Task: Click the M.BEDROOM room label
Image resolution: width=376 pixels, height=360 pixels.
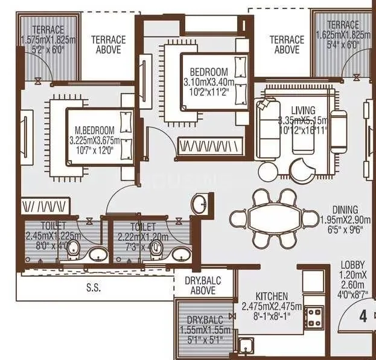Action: click(x=95, y=130)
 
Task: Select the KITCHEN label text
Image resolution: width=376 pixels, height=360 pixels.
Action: click(x=271, y=296)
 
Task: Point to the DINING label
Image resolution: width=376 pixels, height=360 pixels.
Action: click(x=344, y=210)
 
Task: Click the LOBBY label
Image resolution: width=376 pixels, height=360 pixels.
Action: click(x=352, y=264)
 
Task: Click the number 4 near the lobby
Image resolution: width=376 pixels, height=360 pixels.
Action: click(x=363, y=315)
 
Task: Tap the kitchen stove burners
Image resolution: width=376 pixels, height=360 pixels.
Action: click(x=314, y=315)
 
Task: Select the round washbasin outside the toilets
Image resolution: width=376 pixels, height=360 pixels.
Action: click(x=201, y=203)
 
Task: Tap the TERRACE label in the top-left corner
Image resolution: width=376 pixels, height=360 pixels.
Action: click(x=48, y=30)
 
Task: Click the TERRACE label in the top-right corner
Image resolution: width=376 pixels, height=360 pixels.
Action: click(x=343, y=25)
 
